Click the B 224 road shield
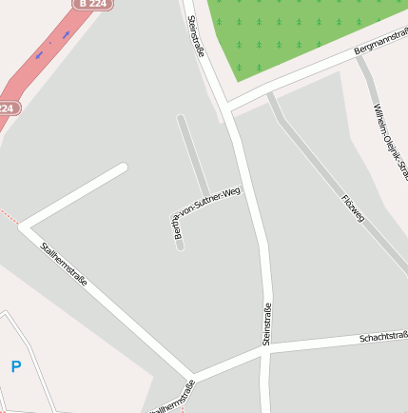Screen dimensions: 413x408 92,4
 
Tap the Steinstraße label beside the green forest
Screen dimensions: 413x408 197,37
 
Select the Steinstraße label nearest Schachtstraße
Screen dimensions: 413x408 266,323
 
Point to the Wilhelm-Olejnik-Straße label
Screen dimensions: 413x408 390,143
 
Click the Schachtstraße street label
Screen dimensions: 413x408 382,336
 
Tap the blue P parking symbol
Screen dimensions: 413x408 15,366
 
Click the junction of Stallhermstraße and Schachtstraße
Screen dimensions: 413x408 192,375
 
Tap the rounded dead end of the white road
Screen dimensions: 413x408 121,168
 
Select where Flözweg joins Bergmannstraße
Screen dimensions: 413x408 272,94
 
